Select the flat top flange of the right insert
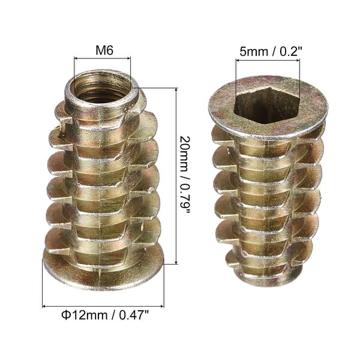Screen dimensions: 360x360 [x=268, y=120]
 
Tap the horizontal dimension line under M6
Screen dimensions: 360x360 [x=102, y=58]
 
